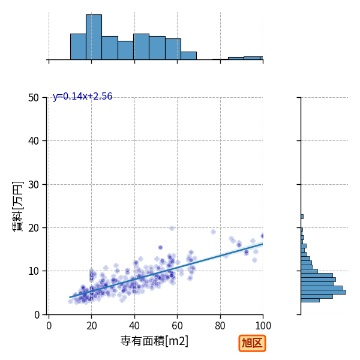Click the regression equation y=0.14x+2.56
(x=82, y=97)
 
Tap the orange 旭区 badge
(x=252, y=343)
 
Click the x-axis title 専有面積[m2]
(x=154, y=341)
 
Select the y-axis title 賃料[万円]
(x=17, y=206)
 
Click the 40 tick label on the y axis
(x=34, y=141)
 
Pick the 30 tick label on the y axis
(x=34, y=184)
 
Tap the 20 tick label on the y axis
(x=34, y=228)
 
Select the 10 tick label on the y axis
(x=34, y=271)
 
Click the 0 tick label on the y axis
(x=37, y=315)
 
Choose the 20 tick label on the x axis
(x=92, y=326)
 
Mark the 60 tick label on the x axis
(x=177, y=326)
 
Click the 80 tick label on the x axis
(x=220, y=326)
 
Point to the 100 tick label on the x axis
(x=263, y=326)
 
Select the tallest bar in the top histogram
(x=94, y=37)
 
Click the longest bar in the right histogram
(x=323, y=292)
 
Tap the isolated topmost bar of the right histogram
(x=302, y=217)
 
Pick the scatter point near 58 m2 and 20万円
(x=172, y=228)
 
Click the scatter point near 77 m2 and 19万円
(x=213, y=232)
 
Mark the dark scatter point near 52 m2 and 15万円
(x=160, y=247)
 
